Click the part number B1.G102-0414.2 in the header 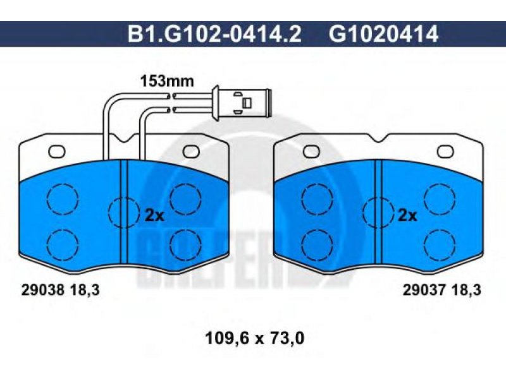(214, 34)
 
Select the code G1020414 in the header (384, 34)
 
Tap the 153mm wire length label (167, 81)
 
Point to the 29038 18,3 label (60, 291)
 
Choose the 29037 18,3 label (441, 290)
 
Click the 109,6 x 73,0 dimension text (255, 339)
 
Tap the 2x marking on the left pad (154, 215)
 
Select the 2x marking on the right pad (407, 215)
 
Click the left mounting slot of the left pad (57, 152)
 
